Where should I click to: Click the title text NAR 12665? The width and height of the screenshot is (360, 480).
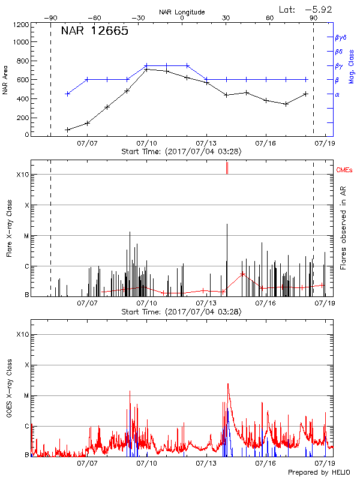click(94, 31)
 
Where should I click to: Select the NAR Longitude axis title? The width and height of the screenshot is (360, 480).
click(182, 12)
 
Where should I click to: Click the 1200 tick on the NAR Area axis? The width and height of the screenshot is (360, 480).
click(22, 25)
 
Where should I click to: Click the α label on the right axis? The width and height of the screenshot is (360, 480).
click(337, 94)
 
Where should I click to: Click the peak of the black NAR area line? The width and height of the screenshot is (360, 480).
click(146, 69)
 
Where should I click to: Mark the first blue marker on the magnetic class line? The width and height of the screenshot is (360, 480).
click(68, 94)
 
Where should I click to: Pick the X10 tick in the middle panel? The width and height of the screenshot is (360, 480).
click(22, 175)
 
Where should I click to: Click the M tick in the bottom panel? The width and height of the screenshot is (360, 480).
click(26, 395)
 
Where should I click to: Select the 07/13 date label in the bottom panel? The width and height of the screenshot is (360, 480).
click(206, 463)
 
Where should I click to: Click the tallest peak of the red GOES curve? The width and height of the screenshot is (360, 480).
click(228, 384)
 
